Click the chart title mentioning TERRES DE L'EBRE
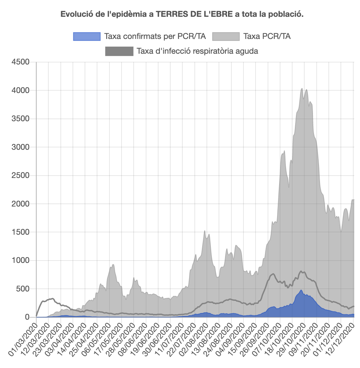(x=182, y=14)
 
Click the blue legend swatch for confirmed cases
(x=87, y=36)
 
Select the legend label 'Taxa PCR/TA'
(x=267, y=36)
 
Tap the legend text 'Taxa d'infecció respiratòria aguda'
(x=197, y=51)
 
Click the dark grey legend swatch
(x=119, y=51)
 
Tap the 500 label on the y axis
(x=25, y=289)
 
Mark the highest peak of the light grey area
(x=302, y=89)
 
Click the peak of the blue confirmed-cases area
(x=301, y=290)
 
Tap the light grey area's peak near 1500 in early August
(x=205, y=231)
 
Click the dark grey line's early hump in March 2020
(x=51, y=298)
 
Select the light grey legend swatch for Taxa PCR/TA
(x=226, y=36)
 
